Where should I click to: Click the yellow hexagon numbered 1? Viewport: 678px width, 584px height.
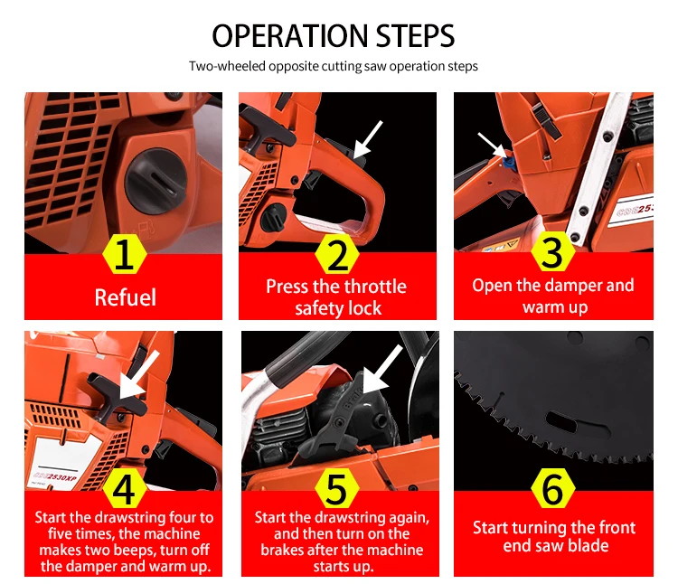(125, 254)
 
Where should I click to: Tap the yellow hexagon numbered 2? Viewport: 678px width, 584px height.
(337, 254)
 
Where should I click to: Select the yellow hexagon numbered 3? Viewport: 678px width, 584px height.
(552, 251)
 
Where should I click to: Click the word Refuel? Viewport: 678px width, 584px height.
(126, 297)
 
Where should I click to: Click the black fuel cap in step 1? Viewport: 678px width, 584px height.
(156, 182)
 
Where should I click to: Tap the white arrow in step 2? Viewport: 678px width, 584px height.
(368, 139)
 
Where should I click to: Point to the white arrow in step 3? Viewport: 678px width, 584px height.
(492, 146)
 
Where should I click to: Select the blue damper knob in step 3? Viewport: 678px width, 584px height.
(509, 161)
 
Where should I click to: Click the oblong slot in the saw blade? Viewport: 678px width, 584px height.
(561, 421)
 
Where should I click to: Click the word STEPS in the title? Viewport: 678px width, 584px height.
(415, 36)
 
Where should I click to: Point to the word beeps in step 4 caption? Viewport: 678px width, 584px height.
(138, 551)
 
